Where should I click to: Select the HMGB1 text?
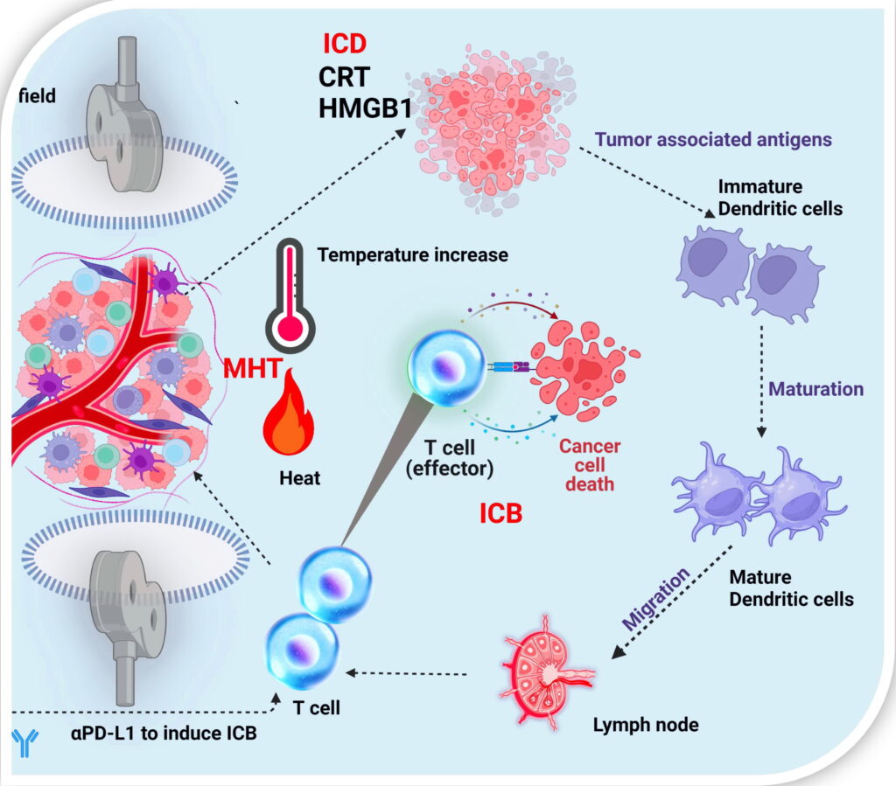point(376,109)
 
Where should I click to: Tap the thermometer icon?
point(287,293)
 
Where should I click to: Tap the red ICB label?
point(500,513)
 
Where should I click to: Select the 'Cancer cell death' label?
point(591,464)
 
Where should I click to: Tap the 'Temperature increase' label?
point(412,256)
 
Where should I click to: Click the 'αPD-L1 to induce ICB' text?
point(164,733)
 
